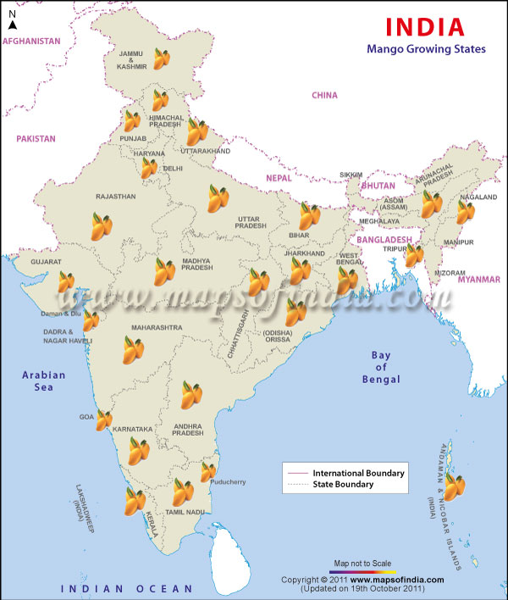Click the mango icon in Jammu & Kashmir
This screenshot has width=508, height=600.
pos(162,58)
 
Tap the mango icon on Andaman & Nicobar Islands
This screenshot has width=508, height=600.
pos(455,487)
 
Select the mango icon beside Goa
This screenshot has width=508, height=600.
pos(104,419)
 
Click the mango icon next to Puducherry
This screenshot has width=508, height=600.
pos(208,471)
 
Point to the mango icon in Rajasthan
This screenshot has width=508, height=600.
pos(102,226)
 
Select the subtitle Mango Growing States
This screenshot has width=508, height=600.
pos(426,49)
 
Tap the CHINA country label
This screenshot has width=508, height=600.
pos(324,95)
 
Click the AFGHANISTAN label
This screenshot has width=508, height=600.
pos(32,41)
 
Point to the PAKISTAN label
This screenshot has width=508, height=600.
pos(36,138)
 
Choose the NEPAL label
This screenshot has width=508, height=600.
pos(279,178)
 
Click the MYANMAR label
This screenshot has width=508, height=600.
pos(479,279)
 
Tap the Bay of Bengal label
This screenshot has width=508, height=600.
pos(381,367)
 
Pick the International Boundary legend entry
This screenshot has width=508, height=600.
pos(358,472)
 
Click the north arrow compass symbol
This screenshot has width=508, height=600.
pos(11,19)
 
